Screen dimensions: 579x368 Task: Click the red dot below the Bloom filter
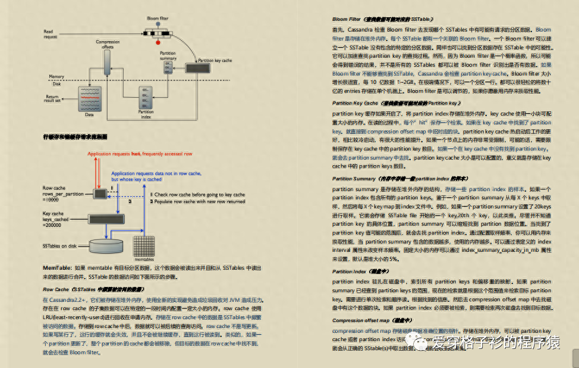click(158, 42)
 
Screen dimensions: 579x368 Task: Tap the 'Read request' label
click(51, 34)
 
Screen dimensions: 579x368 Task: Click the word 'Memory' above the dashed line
click(56, 76)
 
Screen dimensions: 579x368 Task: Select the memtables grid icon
click(144, 246)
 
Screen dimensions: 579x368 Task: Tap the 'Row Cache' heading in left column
click(56, 289)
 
